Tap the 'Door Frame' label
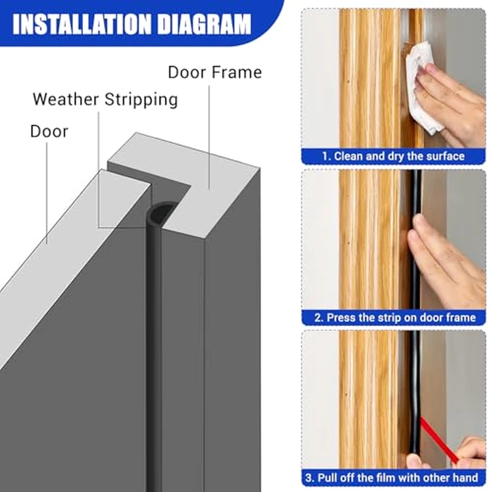(x=214, y=72)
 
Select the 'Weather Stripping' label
(x=105, y=99)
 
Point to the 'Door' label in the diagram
(x=49, y=131)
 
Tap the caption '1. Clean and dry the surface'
(x=394, y=156)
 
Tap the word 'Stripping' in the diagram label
(x=141, y=99)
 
